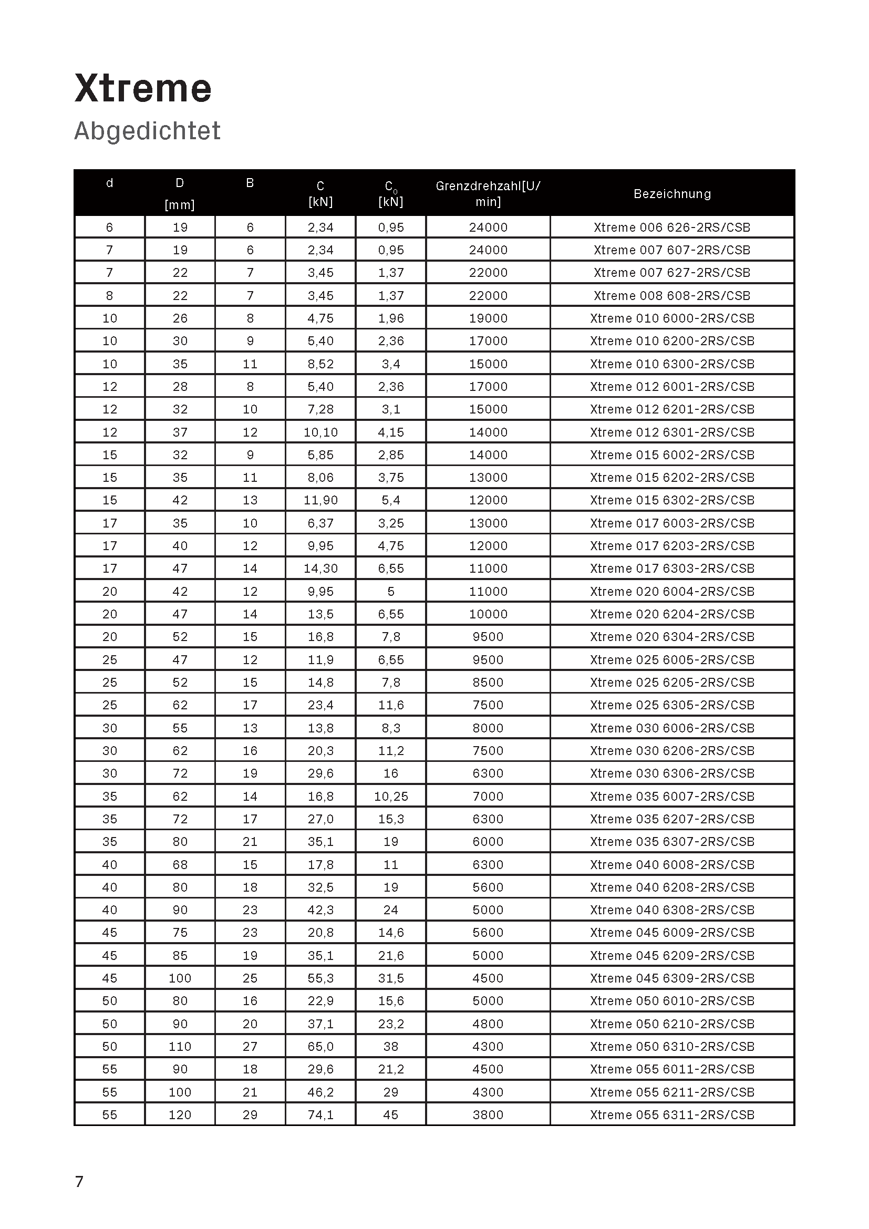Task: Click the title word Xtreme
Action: pos(143,88)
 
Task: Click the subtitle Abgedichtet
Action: pos(147,131)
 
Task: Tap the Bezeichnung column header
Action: pos(672,194)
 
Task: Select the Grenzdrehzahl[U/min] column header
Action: pos(488,194)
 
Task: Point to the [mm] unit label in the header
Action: pos(180,204)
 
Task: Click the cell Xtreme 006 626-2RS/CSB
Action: pos(672,228)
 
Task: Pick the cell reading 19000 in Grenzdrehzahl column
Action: pos(488,318)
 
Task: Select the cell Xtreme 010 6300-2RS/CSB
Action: pos(672,364)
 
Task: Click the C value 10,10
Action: pos(320,432)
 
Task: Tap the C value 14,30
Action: pos(320,569)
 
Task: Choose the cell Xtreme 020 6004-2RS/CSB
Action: pos(672,592)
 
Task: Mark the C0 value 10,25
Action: pos(390,797)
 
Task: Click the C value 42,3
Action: pos(320,910)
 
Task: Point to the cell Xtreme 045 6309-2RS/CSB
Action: pos(672,978)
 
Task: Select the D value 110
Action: pos(180,1047)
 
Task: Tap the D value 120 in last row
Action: pos(180,1115)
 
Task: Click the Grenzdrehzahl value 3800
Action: pos(488,1115)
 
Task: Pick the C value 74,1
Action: pos(320,1115)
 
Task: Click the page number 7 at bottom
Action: pos(79,1181)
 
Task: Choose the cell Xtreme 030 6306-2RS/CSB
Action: pos(672,773)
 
